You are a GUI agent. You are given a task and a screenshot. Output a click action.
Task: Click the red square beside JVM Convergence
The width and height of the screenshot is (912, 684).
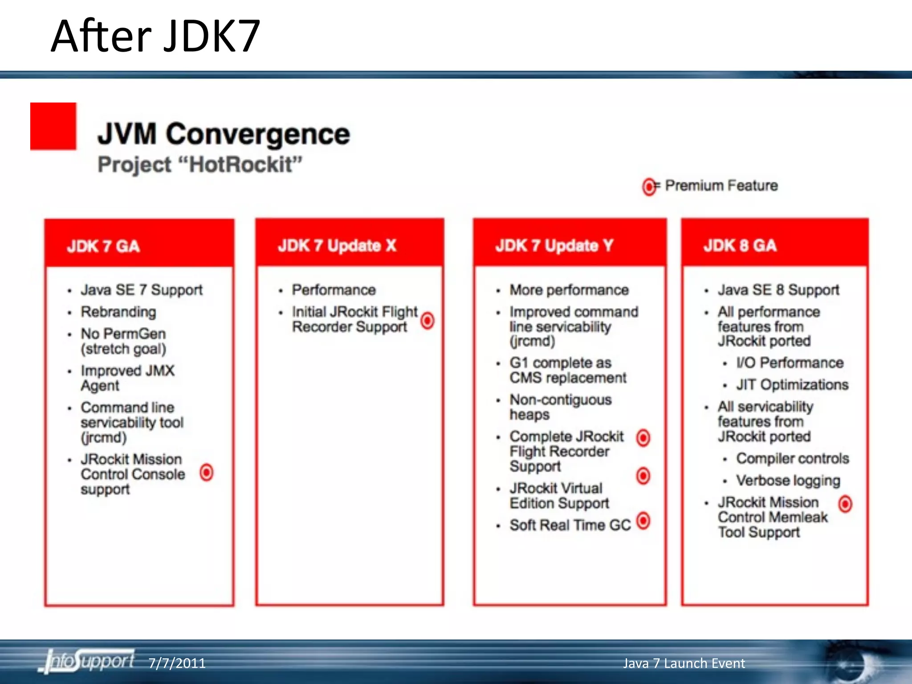pyautogui.click(x=53, y=126)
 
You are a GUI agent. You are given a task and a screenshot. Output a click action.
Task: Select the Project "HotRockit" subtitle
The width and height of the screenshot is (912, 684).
pyautogui.click(x=200, y=164)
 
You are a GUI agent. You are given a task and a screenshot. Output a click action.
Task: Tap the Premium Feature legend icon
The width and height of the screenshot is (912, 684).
pyautogui.click(x=649, y=187)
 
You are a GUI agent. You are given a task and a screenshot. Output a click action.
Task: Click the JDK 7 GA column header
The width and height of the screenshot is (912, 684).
pyautogui.click(x=103, y=246)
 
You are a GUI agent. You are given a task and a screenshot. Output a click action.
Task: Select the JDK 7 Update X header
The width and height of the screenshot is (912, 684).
pyautogui.click(x=337, y=245)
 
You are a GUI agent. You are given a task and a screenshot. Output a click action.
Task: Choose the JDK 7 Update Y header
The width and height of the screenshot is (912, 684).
pyautogui.click(x=554, y=245)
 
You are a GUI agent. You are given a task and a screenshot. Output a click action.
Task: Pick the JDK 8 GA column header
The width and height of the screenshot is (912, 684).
pyautogui.click(x=740, y=245)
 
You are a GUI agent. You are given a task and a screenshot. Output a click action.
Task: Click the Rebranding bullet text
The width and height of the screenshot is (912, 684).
pyautogui.click(x=118, y=312)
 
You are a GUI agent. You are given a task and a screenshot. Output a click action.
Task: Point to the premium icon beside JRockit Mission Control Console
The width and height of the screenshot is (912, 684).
pyautogui.click(x=207, y=472)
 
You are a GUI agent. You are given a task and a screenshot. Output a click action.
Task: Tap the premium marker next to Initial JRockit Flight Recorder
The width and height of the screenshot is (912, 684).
pyautogui.click(x=427, y=321)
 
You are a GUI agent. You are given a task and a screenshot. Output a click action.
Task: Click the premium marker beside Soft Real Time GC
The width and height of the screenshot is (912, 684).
pyautogui.click(x=643, y=521)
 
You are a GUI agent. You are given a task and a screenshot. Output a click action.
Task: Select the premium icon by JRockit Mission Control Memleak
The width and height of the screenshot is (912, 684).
pyautogui.click(x=845, y=504)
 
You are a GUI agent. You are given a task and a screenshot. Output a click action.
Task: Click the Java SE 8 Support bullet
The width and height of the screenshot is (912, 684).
pyautogui.click(x=778, y=290)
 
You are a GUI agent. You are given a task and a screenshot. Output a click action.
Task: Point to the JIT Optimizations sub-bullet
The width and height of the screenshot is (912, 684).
pyautogui.click(x=792, y=385)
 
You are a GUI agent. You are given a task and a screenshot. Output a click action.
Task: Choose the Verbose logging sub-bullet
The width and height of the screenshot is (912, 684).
pyautogui.click(x=788, y=480)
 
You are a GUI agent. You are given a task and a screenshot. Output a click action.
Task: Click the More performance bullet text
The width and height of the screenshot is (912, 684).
pyautogui.click(x=569, y=290)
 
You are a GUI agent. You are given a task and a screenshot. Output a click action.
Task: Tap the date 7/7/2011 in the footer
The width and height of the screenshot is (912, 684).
pyautogui.click(x=177, y=663)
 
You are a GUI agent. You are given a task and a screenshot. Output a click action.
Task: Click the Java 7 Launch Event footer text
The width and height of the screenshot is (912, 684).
pyautogui.click(x=684, y=663)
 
